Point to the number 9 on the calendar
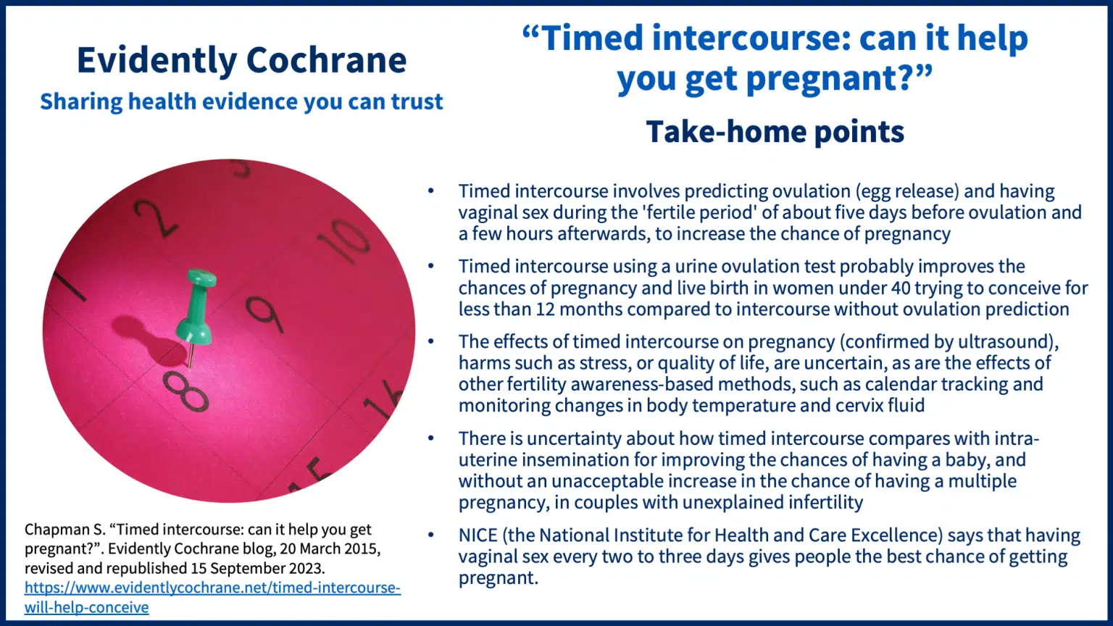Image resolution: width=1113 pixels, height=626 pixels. pos(264,314)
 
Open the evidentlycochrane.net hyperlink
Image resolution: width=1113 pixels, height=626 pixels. pos(212,597)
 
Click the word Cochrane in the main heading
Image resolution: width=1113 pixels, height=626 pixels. pos(327,60)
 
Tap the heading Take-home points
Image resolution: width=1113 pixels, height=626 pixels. pos(775,132)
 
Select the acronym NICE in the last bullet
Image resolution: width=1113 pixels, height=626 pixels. pos(478,535)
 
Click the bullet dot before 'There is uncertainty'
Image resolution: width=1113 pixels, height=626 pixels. pos(431,438)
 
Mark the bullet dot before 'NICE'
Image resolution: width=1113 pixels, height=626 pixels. pos(431,535)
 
